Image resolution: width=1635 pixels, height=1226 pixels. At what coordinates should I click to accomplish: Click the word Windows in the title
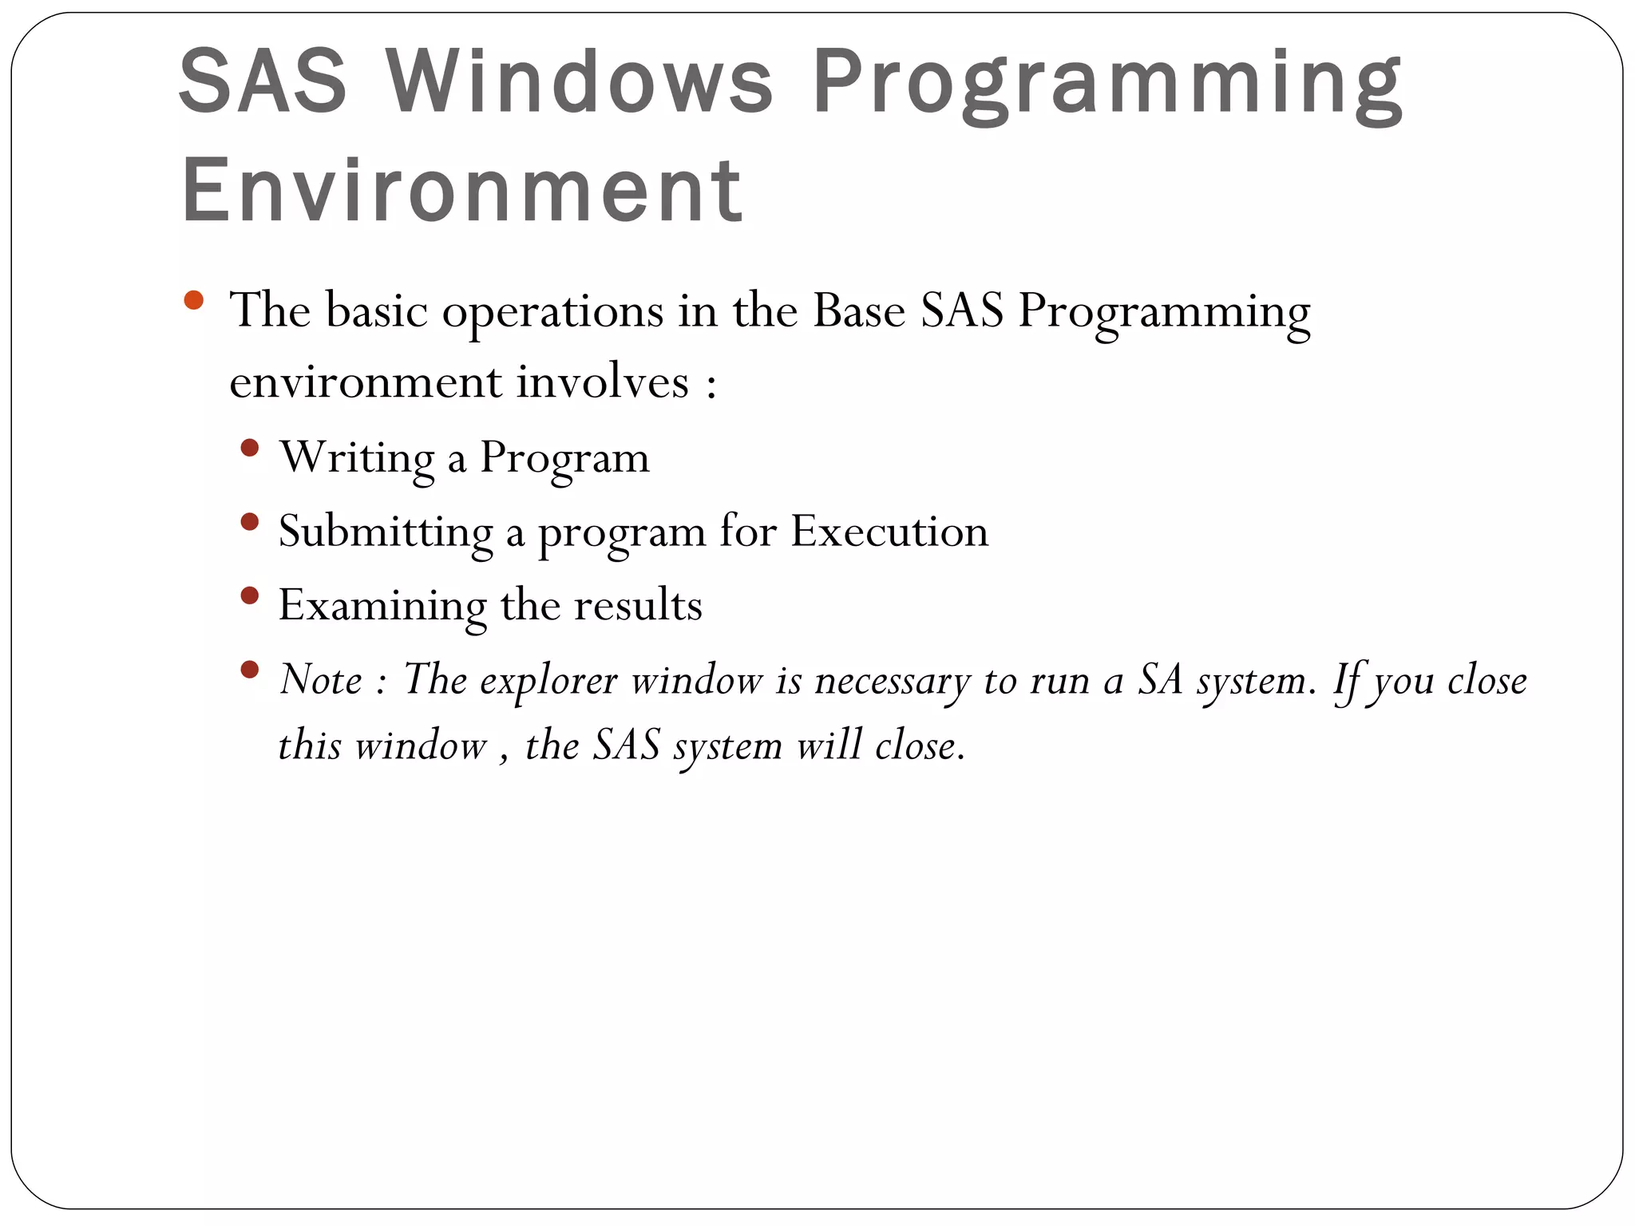[x=580, y=82]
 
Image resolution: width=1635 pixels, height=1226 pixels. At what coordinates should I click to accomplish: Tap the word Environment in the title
[x=462, y=191]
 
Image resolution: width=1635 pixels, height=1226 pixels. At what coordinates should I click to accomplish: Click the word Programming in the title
[x=1108, y=86]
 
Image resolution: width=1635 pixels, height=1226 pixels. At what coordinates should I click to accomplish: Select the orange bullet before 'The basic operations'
[x=193, y=301]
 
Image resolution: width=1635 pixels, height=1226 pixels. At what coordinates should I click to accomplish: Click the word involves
[x=602, y=382]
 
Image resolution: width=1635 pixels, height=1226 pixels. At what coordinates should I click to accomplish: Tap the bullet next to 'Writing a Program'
[x=249, y=448]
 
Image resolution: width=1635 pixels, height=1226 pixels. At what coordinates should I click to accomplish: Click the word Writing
[x=357, y=458]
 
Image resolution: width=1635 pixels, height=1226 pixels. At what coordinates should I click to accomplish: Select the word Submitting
[x=386, y=532]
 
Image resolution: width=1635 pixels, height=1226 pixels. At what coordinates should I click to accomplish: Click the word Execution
[x=889, y=531]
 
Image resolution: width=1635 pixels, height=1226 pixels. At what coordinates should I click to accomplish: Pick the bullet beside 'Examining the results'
[x=249, y=595]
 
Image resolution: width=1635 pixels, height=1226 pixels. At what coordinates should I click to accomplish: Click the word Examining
[x=382, y=606]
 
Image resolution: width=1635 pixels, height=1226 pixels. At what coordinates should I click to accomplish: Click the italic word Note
[x=321, y=680]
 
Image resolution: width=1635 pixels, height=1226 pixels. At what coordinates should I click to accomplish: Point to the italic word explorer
[x=548, y=682]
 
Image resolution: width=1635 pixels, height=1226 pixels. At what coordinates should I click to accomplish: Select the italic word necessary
[x=892, y=682]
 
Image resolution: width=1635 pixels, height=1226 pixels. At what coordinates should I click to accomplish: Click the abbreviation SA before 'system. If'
[x=1159, y=680]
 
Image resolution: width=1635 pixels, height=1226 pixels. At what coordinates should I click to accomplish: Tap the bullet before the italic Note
[x=249, y=669]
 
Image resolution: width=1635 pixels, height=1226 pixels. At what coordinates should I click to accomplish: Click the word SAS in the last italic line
[x=626, y=746]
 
